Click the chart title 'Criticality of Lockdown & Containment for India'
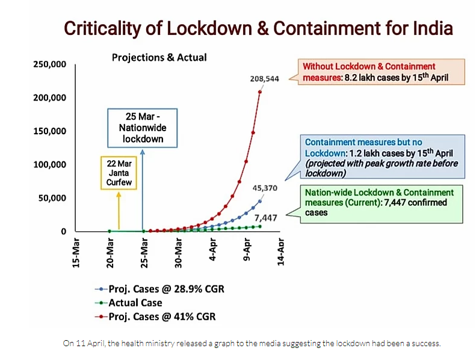click(x=259, y=28)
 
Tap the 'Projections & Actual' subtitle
click(x=159, y=58)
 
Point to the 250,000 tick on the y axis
click(x=50, y=64)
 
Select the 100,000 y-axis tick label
click(x=50, y=164)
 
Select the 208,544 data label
click(x=264, y=79)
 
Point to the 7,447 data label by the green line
click(x=265, y=217)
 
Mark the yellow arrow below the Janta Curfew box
click(x=119, y=211)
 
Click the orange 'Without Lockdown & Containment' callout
click(x=374, y=72)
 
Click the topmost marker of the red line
click(x=260, y=92)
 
